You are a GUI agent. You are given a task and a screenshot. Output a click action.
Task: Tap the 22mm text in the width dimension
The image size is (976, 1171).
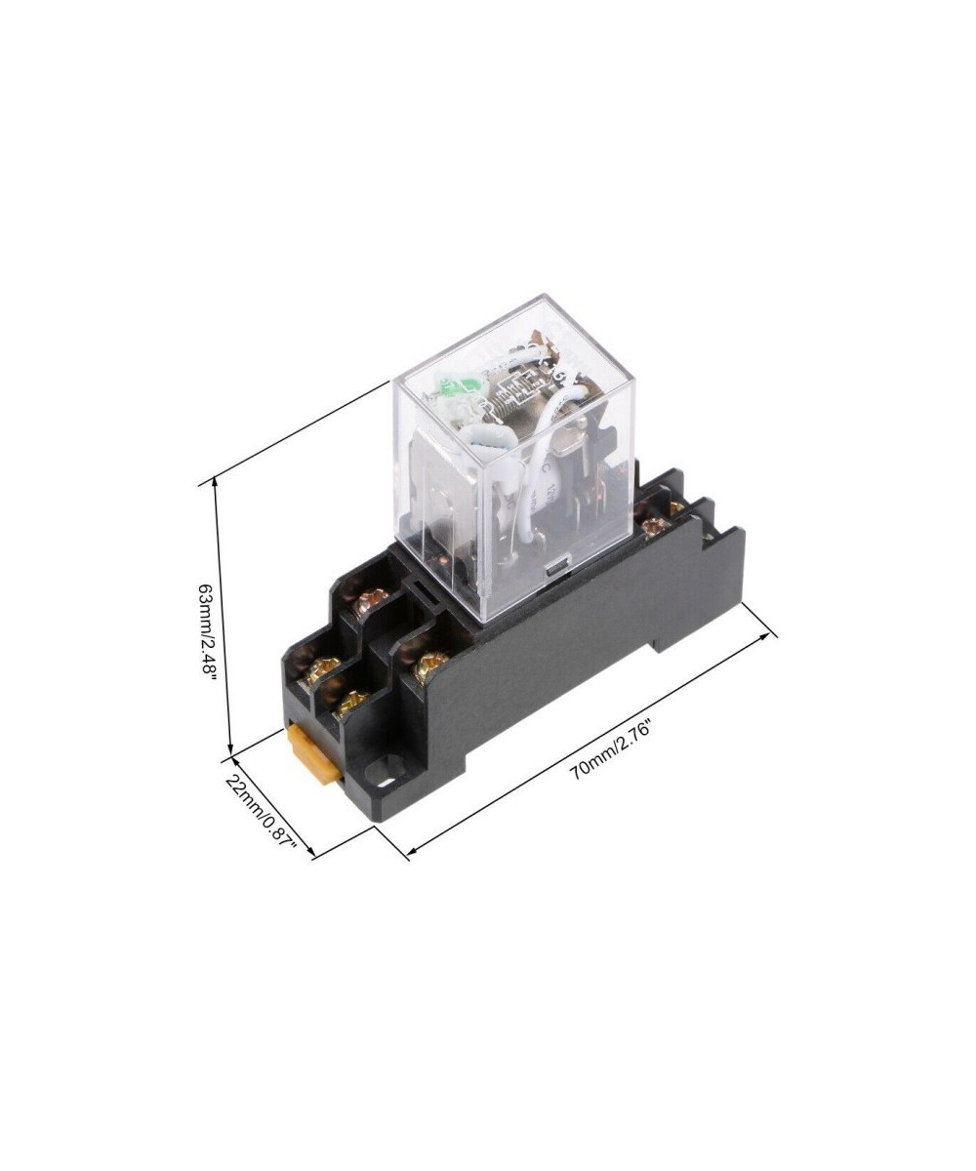tap(242, 794)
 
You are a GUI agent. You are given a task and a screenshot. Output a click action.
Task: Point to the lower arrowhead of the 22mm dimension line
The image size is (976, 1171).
tap(313, 855)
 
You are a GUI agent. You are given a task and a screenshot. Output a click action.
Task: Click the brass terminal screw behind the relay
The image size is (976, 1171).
tap(655, 527)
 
